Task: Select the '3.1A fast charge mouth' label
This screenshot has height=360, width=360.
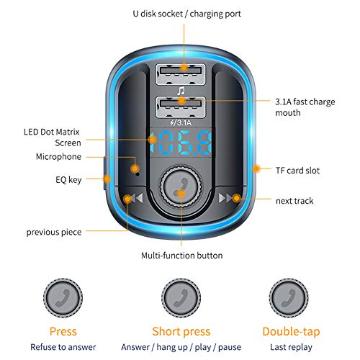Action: [x=305, y=107]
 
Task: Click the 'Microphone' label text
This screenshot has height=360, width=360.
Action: [x=59, y=156]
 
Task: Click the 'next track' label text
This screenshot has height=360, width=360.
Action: [x=294, y=200]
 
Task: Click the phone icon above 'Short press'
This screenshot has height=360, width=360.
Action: [x=180, y=295]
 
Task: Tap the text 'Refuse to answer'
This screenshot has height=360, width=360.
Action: [x=63, y=346]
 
